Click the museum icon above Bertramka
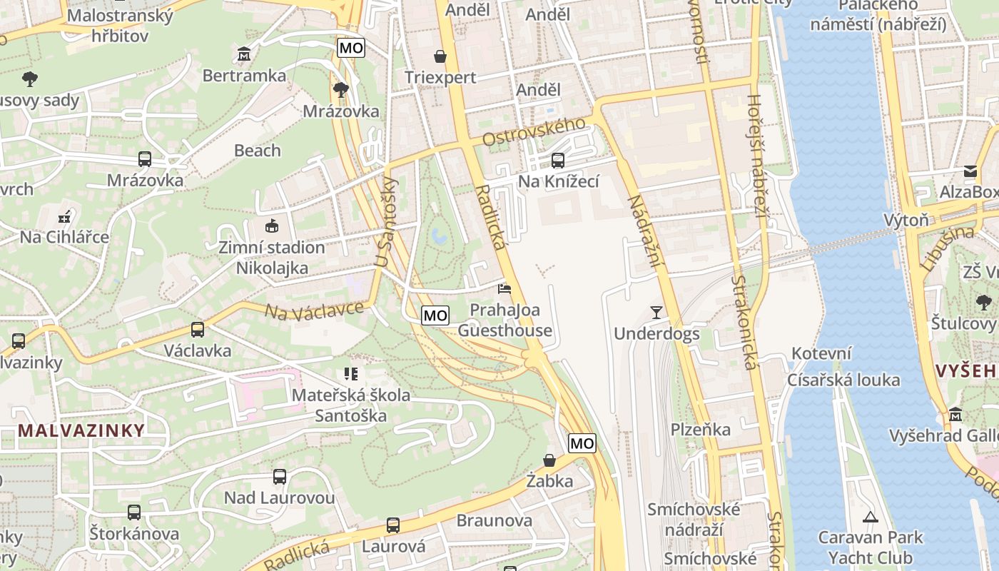click(245, 54)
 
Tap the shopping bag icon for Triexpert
click(440, 56)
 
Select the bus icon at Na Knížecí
click(558, 160)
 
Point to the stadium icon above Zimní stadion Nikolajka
click(271, 226)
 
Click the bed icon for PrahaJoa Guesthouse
click(504, 288)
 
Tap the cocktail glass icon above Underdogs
click(656, 312)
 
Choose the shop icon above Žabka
click(549, 460)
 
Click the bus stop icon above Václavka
click(198, 330)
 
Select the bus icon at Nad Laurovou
click(280, 476)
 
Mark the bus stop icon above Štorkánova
click(134, 512)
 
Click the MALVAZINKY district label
click(81, 430)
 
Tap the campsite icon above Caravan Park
click(870, 516)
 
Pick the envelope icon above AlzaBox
click(970, 171)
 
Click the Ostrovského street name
click(534, 131)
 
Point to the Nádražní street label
click(642, 233)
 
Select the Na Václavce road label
click(314, 310)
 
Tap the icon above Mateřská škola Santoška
click(350, 373)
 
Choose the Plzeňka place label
click(701, 429)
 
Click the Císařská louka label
click(843, 380)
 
